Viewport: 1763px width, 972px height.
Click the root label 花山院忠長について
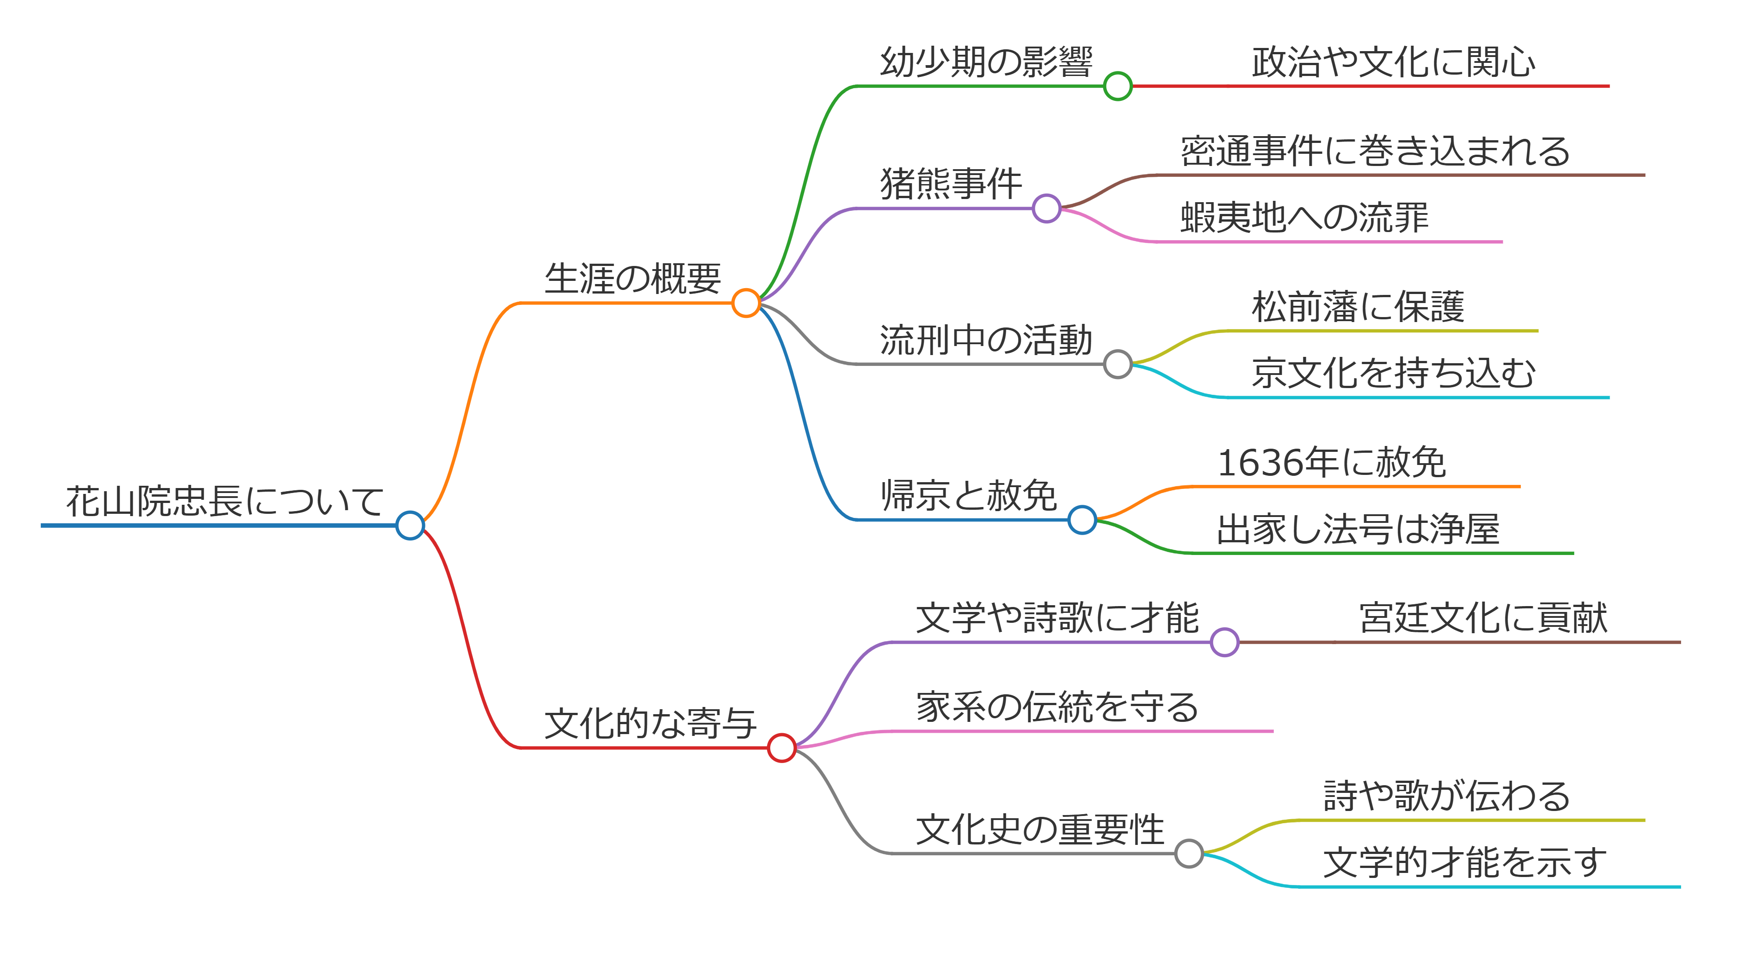[x=224, y=502]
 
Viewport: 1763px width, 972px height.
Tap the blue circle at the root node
[x=410, y=525]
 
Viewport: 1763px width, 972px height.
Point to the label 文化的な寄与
[x=650, y=724]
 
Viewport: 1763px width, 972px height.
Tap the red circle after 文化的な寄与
[x=781, y=748]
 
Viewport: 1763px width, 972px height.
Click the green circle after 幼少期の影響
[x=1118, y=86]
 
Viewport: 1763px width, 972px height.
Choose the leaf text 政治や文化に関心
[x=1393, y=62]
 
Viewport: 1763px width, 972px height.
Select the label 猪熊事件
[x=951, y=184]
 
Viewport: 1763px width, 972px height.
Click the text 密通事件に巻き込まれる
[x=1375, y=151]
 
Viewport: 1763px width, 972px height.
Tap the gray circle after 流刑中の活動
[x=1118, y=364]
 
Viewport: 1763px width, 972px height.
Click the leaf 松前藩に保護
[x=1358, y=307]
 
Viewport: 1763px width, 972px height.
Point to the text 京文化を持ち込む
[x=1393, y=374]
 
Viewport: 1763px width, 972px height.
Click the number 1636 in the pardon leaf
[x=1261, y=463]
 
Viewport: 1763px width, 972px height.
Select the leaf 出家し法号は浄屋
[x=1358, y=530]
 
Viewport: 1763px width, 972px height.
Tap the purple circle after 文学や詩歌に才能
[x=1225, y=642]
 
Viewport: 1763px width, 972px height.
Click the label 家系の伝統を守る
[x=1058, y=707]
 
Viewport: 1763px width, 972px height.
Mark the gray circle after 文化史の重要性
[x=1189, y=853]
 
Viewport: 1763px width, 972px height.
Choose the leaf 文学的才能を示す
[x=1465, y=863]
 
